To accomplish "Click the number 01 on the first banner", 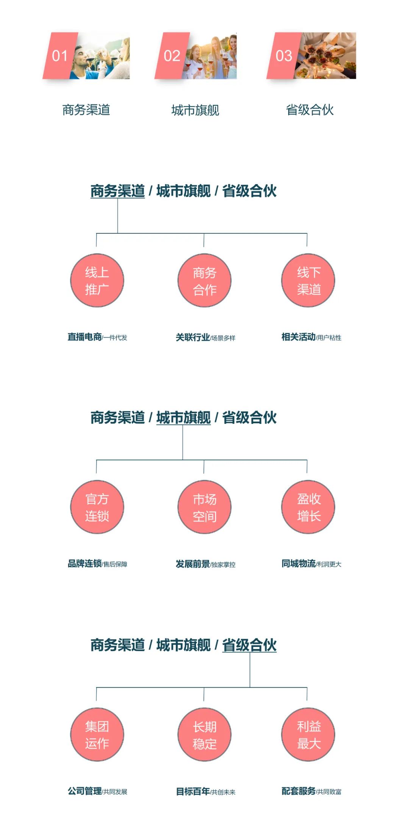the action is pos(59,56).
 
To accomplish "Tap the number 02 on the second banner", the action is pos(172,56).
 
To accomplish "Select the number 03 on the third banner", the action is pos(284,56).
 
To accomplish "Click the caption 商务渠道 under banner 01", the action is pos(86,110).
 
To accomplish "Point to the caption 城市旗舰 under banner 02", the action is pos(195,110).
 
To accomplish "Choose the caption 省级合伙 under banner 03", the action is pos(309,110).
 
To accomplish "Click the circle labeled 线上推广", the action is pos(97,281).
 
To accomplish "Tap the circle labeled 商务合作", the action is pos(204,281).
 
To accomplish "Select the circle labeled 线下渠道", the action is pos(308,281).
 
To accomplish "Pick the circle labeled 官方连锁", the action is pos(97,507).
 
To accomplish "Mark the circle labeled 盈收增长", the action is pos(308,507).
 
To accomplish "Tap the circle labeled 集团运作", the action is pos(97,735).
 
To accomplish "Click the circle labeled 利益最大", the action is pos(308,735).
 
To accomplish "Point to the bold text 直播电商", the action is pos(84,337).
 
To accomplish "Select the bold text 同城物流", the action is pos(298,564).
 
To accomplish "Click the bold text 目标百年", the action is pos(193,791).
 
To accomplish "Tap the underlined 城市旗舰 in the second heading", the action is pos(183,417).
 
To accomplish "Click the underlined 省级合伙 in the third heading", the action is pos(249,645).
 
